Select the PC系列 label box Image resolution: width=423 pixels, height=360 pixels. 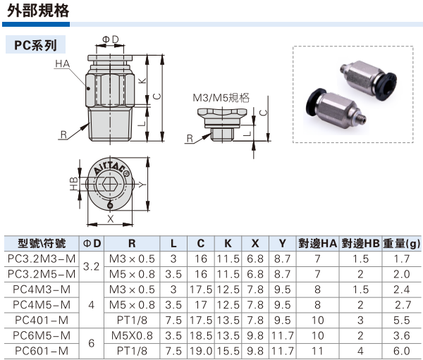(x=35, y=44)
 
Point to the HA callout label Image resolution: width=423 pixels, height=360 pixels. (x=62, y=64)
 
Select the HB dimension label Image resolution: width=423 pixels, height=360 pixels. (x=73, y=185)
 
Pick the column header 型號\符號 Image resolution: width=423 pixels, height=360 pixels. (x=42, y=243)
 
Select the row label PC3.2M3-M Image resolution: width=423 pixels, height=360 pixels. (x=41, y=259)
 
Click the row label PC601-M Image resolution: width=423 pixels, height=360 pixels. (x=41, y=350)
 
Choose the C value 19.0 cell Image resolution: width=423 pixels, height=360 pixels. (x=201, y=350)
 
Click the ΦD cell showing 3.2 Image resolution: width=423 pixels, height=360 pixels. (x=92, y=266)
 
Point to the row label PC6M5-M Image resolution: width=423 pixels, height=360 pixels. (x=41, y=335)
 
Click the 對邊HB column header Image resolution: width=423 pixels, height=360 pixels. (x=360, y=243)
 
